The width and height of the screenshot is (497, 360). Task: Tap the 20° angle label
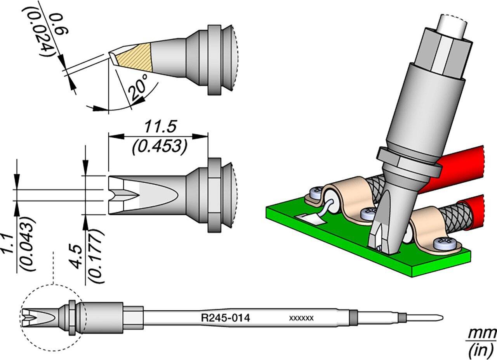click(x=138, y=88)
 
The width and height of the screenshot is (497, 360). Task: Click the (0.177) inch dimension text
click(x=95, y=256)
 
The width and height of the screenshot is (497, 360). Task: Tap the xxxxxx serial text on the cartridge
click(x=301, y=318)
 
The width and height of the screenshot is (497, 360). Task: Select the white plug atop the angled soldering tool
click(x=453, y=27)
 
